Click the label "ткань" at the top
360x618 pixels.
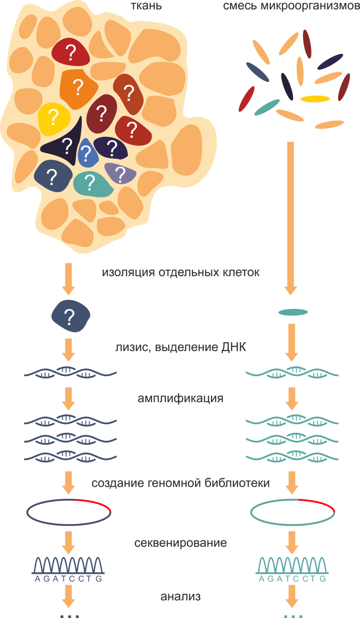point(146,6)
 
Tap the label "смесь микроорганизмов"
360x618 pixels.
point(291,6)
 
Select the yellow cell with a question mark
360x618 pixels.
point(54,119)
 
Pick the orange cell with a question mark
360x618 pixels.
point(78,88)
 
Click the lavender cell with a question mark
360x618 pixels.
point(120,174)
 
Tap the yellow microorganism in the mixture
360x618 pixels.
point(315,99)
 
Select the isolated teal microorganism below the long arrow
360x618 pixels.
point(293,312)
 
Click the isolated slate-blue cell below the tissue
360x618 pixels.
point(70,316)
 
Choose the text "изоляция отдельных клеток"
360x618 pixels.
point(180,272)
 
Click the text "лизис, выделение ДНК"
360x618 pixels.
point(180,347)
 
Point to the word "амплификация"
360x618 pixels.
point(180,398)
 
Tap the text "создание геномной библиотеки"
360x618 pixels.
point(180,483)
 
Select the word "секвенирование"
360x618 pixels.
point(180,543)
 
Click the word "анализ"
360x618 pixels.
point(180,597)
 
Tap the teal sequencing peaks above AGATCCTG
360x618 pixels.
point(292,565)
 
